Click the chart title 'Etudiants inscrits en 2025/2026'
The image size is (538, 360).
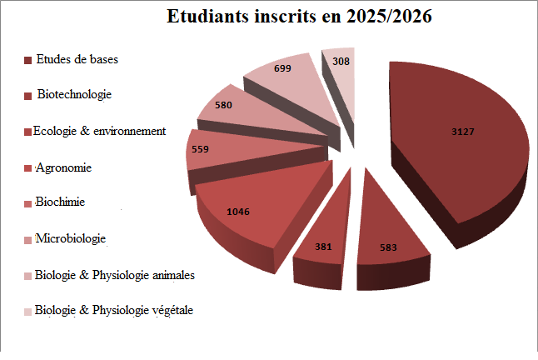pyautogui.click(x=299, y=17)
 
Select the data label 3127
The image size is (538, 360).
pyautogui.click(x=464, y=132)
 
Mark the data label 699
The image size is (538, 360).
pyautogui.click(x=281, y=68)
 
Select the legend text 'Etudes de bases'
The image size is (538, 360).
pyautogui.click(x=77, y=59)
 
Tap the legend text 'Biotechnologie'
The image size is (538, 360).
pyautogui.click(x=74, y=95)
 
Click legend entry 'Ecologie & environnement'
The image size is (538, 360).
pyautogui.click(x=99, y=131)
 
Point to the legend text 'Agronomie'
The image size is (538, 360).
pyautogui.click(x=63, y=167)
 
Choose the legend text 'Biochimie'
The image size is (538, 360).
pyautogui.click(x=61, y=202)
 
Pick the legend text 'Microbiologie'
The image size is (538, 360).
pyautogui.click(x=71, y=239)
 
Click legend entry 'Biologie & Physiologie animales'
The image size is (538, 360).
pyautogui.click(x=115, y=274)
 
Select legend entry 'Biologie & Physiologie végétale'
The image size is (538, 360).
pyautogui.click(x=114, y=310)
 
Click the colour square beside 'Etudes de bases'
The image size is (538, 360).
pyautogui.click(x=28, y=60)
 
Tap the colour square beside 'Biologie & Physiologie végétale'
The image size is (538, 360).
pyautogui.click(x=28, y=311)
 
